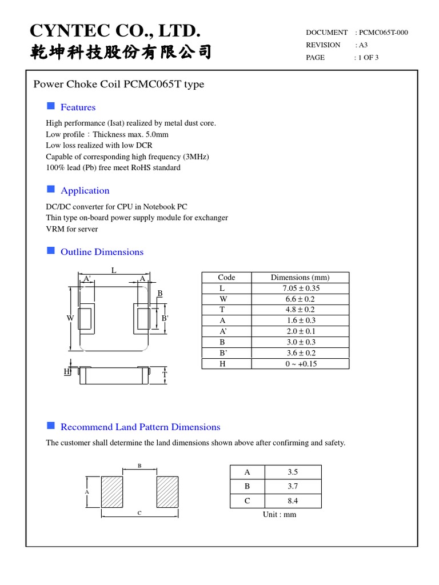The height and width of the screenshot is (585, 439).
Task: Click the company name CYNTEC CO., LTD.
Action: (x=115, y=30)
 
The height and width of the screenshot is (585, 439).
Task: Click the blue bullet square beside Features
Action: (x=50, y=106)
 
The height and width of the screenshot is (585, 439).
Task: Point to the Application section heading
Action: (x=85, y=191)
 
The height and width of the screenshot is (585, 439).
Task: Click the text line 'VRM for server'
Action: (x=71, y=229)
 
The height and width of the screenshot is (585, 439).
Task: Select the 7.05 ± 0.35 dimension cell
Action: (x=300, y=289)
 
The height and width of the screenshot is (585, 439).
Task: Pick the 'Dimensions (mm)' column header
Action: (x=300, y=278)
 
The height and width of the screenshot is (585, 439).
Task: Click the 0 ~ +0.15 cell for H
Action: (x=300, y=364)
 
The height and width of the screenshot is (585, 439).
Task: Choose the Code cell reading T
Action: (x=222, y=310)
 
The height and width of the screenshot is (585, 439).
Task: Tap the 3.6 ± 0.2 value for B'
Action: (x=300, y=353)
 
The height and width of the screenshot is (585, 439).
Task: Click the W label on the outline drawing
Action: (x=70, y=318)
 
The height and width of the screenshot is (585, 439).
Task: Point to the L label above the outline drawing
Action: (x=114, y=271)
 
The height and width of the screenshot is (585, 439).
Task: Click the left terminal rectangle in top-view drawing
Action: (x=86, y=318)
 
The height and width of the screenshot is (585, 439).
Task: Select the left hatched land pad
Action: (x=112, y=492)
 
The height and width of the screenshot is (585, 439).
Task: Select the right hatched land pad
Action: (x=168, y=492)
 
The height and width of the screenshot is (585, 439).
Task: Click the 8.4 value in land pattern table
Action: (x=293, y=501)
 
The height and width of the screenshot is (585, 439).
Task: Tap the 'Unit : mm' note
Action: (x=280, y=515)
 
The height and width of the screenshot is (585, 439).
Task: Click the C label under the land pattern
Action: (x=139, y=514)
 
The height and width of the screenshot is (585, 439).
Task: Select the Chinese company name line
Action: (x=121, y=53)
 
